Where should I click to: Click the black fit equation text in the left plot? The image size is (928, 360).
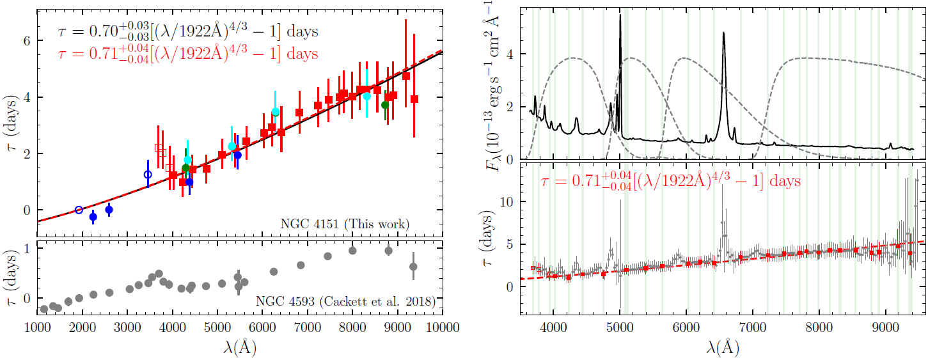click(x=185, y=32)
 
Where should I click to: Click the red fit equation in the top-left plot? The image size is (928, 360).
click(x=185, y=54)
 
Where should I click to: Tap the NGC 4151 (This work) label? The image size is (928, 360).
click(x=345, y=224)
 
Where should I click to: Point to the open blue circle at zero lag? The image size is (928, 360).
click(x=79, y=210)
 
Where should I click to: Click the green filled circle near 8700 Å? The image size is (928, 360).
click(x=385, y=105)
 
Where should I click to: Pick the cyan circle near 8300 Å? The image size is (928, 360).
click(x=366, y=96)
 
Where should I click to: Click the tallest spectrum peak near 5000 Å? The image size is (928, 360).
click(x=620, y=15)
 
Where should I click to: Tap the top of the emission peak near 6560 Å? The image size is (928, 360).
click(x=723, y=33)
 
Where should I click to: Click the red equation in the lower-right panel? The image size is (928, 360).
click(x=668, y=182)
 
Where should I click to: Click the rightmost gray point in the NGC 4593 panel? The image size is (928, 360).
click(x=413, y=267)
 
